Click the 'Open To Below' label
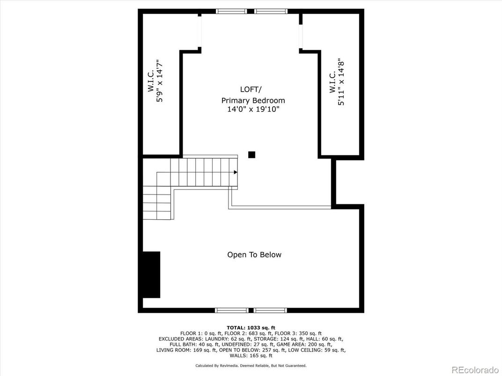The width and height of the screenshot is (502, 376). pyautogui.click(x=254, y=255)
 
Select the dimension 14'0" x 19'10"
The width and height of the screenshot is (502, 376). pyautogui.click(x=253, y=109)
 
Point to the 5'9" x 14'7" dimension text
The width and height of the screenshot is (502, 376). pyautogui.click(x=160, y=81)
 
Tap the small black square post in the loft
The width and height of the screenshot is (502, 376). pyautogui.click(x=251, y=155)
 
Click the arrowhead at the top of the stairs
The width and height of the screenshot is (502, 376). pyautogui.click(x=236, y=173)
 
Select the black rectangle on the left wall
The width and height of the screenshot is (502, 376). pyautogui.click(x=151, y=275)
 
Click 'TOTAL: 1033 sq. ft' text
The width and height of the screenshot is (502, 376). pyautogui.click(x=251, y=327)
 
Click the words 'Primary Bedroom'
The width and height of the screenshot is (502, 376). pyautogui.click(x=253, y=101)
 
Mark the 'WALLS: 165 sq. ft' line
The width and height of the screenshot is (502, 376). pyautogui.click(x=251, y=355)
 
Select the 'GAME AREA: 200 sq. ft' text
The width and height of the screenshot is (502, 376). pyautogui.click(x=303, y=344)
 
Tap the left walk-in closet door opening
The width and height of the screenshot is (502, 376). pyautogui.click(x=200, y=32)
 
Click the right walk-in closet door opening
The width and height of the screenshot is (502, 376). pyautogui.click(x=301, y=32)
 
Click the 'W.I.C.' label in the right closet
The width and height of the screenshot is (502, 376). pyautogui.click(x=332, y=82)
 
